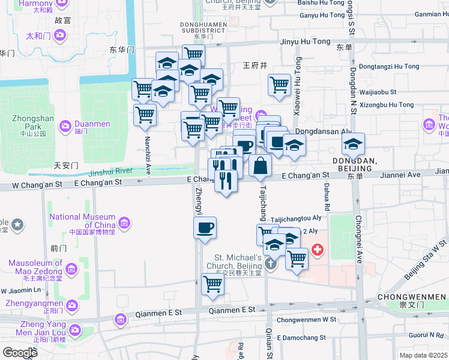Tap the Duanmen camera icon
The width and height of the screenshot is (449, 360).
(65, 126)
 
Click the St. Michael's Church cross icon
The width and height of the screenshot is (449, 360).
(271, 262)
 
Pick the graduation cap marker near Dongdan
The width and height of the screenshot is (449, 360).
(354, 144)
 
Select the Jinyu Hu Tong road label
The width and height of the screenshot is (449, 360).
(305, 41)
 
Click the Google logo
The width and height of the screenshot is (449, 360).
(19, 352)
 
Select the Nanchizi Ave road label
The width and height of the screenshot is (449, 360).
(147, 150)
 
